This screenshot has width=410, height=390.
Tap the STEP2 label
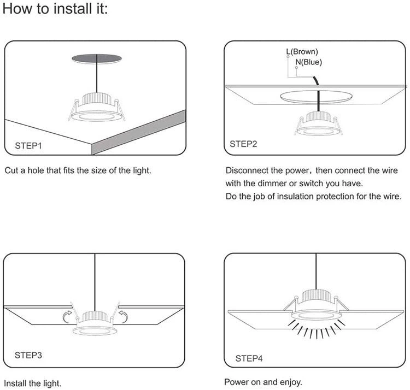pyautogui.click(x=243, y=144)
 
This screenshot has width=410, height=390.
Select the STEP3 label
pyautogui.click(x=28, y=355)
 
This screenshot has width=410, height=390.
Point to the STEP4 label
pyautogui.click(x=249, y=358)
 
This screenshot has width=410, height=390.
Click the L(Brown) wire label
pyautogui.click(x=302, y=52)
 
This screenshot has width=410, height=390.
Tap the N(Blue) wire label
pyautogui.click(x=309, y=62)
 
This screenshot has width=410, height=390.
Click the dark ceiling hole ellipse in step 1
pyautogui.click(x=97, y=57)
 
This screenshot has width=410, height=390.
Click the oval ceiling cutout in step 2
pyautogui.click(x=317, y=97)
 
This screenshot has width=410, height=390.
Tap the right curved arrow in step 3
pyautogui.click(x=123, y=316)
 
